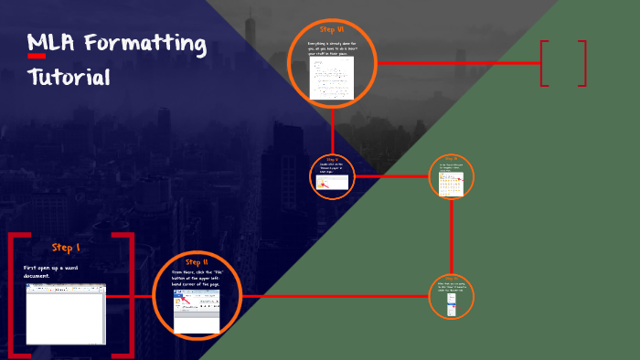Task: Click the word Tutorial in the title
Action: [x=69, y=77]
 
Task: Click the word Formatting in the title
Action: [x=146, y=43]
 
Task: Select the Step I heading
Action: [x=66, y=248]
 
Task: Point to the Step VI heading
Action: [x=332, y=30]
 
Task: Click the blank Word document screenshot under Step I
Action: [x=66, y=312]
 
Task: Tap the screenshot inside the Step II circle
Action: [x=197, y=311]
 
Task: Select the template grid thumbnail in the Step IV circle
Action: [x=452, y=185]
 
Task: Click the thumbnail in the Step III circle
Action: [x=452, y=305]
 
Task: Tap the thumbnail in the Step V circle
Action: [x=332, y=182]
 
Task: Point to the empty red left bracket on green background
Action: [x=544, y=63]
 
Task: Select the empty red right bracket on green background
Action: [x=581, y=63]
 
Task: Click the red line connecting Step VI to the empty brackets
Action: [x=457, y=63]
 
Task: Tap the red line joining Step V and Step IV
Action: [x=391, y=175]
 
